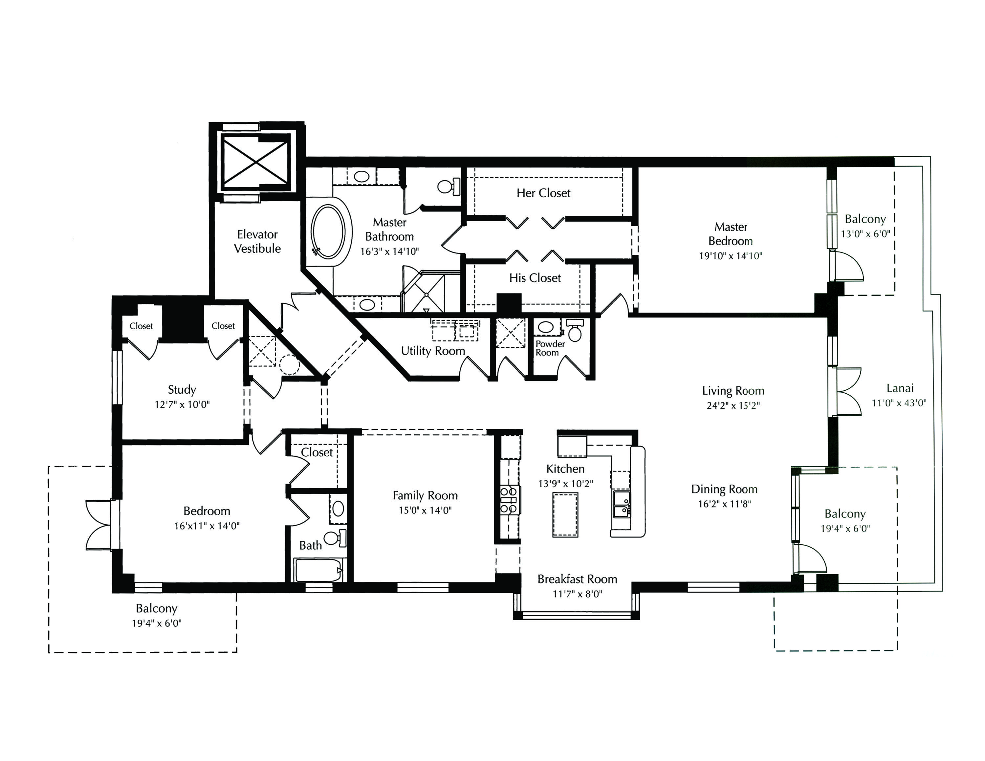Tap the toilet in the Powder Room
575,331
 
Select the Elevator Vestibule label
257,241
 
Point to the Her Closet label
543,193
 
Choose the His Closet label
535,278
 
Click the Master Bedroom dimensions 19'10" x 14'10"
730,256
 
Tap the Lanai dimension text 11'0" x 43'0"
899,402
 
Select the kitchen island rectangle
565,514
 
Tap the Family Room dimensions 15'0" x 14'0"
425,510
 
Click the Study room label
182,389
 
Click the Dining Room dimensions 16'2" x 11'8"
724,504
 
